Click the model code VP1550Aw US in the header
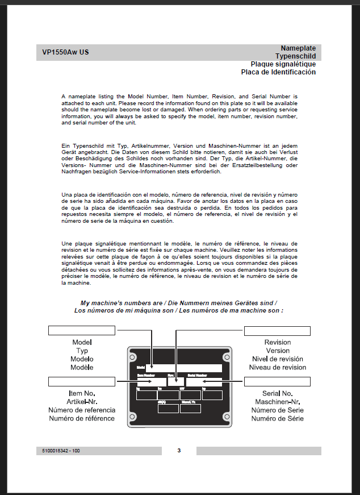point(65,53)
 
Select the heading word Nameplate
point(298,48)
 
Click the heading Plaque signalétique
point(283,64)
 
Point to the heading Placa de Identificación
point(278,72)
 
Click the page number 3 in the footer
point(179,451)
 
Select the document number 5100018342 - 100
point(61,451)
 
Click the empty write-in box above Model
point(82,331)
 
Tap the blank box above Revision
point(277,331)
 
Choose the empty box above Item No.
point(82,381)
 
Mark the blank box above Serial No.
point(277,381)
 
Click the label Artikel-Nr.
point(82,402)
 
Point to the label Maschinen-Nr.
point(277,402)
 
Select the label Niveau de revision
point(277,368)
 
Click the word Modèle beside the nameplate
point(82,368)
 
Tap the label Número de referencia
point(82,410)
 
